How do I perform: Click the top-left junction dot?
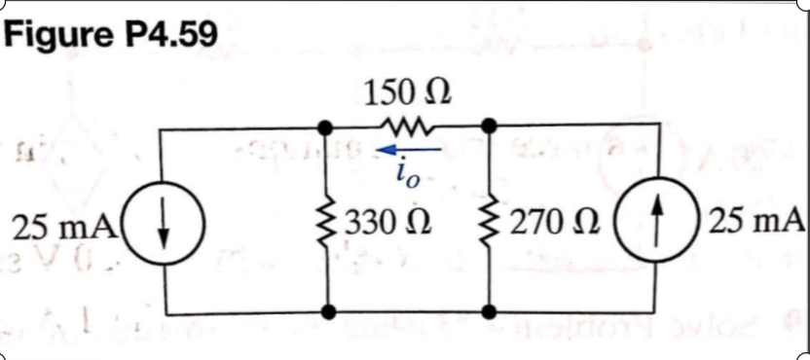329,126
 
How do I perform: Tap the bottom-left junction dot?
330,313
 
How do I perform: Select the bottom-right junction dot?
490,313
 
